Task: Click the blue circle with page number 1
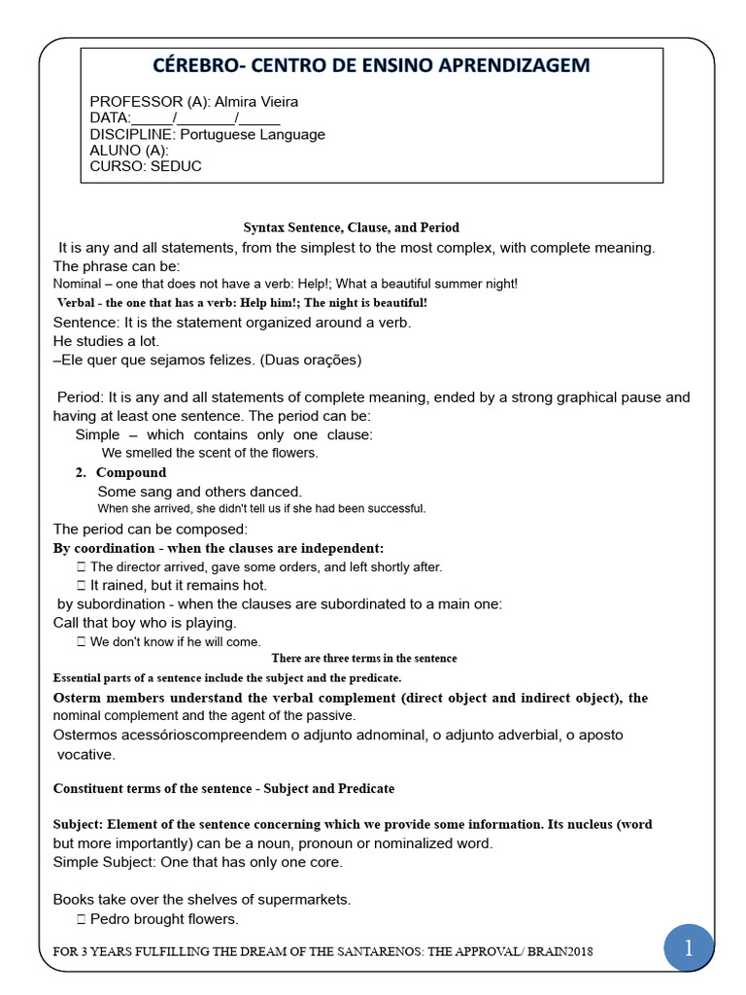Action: (688, 949)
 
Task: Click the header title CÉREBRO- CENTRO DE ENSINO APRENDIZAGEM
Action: (372, 65)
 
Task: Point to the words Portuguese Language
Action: (253, 134)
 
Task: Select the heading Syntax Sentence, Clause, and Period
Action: (350, 227)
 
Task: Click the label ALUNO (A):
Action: (129, 151)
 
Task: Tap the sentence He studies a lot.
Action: (106, 341)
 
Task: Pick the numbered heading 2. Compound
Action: (121, 472)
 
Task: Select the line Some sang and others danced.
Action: (200, 492)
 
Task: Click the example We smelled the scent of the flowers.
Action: (210, 453)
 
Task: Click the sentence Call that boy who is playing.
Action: (145, 622)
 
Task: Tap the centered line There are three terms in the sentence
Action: (364, 658)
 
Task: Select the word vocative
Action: (85, 754)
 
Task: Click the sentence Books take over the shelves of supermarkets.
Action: (202, 899)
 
